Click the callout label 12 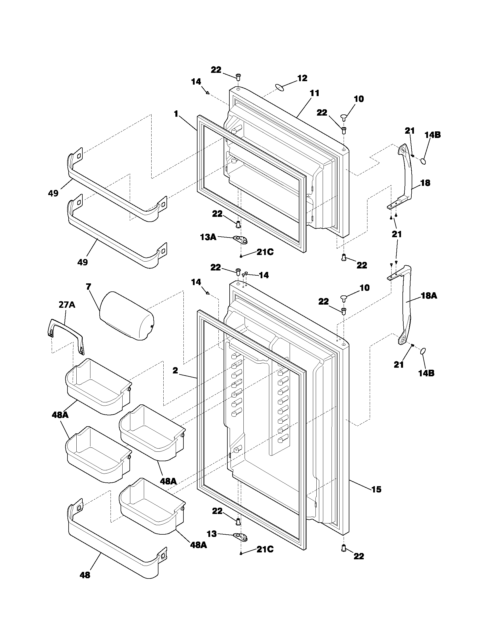[x=302, y=78]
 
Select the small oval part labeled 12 [x=279, y=87]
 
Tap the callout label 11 [x=315, y=93]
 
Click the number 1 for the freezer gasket [x=176, y=114]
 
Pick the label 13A [x=208, y=237]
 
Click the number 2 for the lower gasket [x=175, y=370]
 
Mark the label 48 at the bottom [x=85, y=583]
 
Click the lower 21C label [x=265, y=549]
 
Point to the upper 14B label [x=433, y=135]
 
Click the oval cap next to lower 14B [x=423, y=351]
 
